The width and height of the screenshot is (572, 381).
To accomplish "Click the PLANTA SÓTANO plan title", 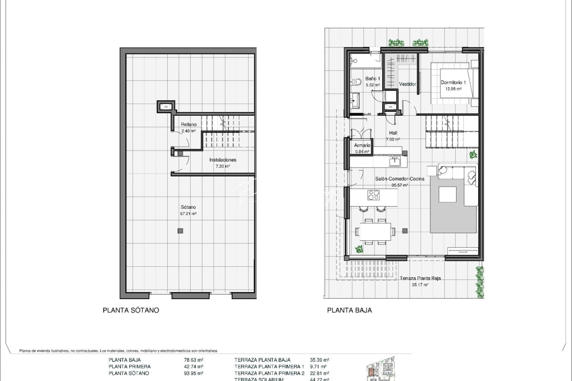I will (131, 310).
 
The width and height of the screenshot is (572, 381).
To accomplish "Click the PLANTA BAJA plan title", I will (349, 310).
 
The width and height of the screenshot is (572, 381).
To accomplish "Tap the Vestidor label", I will (407, 84).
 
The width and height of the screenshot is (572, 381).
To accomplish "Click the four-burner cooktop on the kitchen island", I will (373, 195).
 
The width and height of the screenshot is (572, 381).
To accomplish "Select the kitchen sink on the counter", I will (395, 162).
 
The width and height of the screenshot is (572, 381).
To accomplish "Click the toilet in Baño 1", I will (356, 83).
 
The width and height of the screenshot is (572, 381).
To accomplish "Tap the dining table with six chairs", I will (375, 231).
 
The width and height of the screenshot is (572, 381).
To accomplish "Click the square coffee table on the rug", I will (447, 194).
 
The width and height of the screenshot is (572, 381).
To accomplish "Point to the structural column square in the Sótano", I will (180, 231).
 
